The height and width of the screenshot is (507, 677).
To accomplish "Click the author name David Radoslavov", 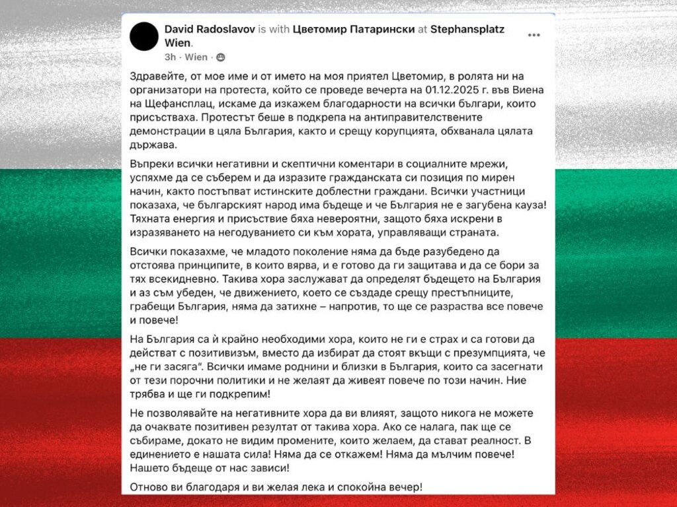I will (x=209, y=29).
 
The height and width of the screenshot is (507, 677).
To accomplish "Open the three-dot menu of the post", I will (x=534, y=35).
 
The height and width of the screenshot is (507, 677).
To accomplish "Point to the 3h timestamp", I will (x=170, y=57).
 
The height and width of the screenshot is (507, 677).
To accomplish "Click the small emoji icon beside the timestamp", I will (x=220, y=57).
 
